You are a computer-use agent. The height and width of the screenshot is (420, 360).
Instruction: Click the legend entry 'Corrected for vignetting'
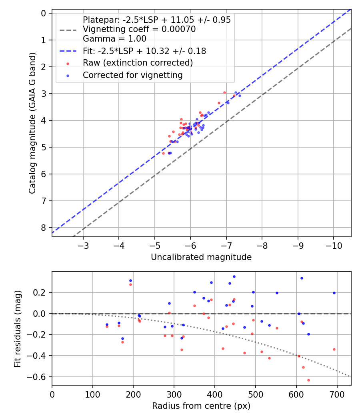132,75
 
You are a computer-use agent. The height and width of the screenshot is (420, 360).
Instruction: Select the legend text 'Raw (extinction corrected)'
138,63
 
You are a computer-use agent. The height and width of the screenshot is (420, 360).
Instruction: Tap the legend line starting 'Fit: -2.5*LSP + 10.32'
144,51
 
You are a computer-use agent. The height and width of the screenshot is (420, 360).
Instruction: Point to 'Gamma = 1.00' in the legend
114,39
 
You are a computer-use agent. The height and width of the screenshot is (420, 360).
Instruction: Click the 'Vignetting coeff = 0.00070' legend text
139,29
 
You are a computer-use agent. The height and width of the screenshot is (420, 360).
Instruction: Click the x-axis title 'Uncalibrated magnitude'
201,257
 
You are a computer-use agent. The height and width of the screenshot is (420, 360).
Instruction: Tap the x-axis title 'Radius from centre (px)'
201,406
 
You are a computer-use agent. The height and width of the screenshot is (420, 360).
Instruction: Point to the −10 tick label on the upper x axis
334,245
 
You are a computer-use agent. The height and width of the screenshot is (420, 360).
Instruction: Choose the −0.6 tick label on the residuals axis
40,377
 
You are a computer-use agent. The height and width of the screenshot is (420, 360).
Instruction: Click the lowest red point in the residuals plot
308,380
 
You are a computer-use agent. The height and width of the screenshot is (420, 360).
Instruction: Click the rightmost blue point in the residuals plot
334,293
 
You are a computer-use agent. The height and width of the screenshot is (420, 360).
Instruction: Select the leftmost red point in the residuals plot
107,326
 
